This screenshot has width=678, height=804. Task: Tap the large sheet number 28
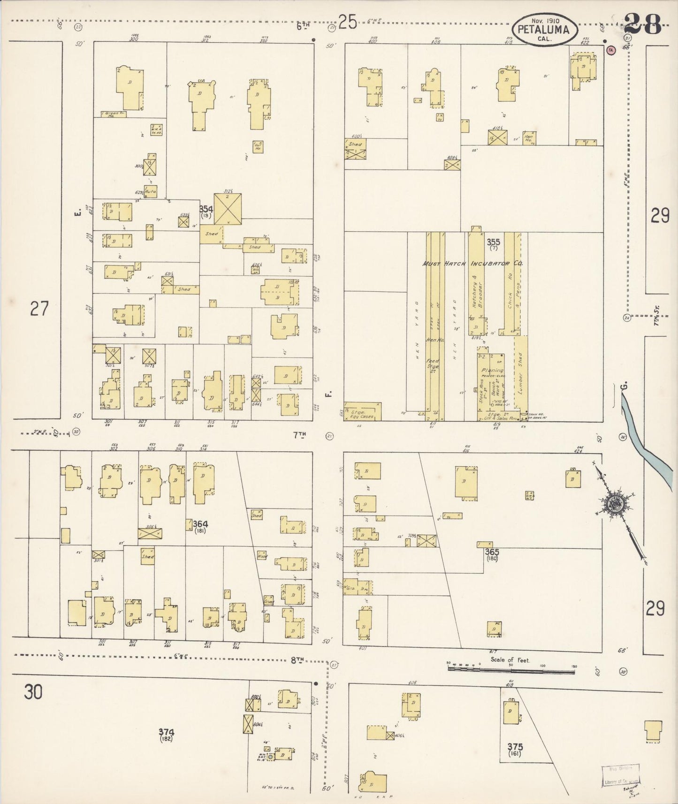coord(642,23)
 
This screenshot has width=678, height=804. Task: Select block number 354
coord(206,209)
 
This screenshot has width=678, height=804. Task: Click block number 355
coord(493,242)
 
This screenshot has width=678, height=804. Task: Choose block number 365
coord(492,552)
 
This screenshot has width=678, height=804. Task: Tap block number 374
coord(166,732)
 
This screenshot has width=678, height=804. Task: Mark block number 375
coord(515,746)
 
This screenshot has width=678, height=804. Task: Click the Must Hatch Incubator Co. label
coord(472,264)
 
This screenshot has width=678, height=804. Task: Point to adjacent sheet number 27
coord(39,309)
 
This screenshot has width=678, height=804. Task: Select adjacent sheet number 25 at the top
coord(347,22)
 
